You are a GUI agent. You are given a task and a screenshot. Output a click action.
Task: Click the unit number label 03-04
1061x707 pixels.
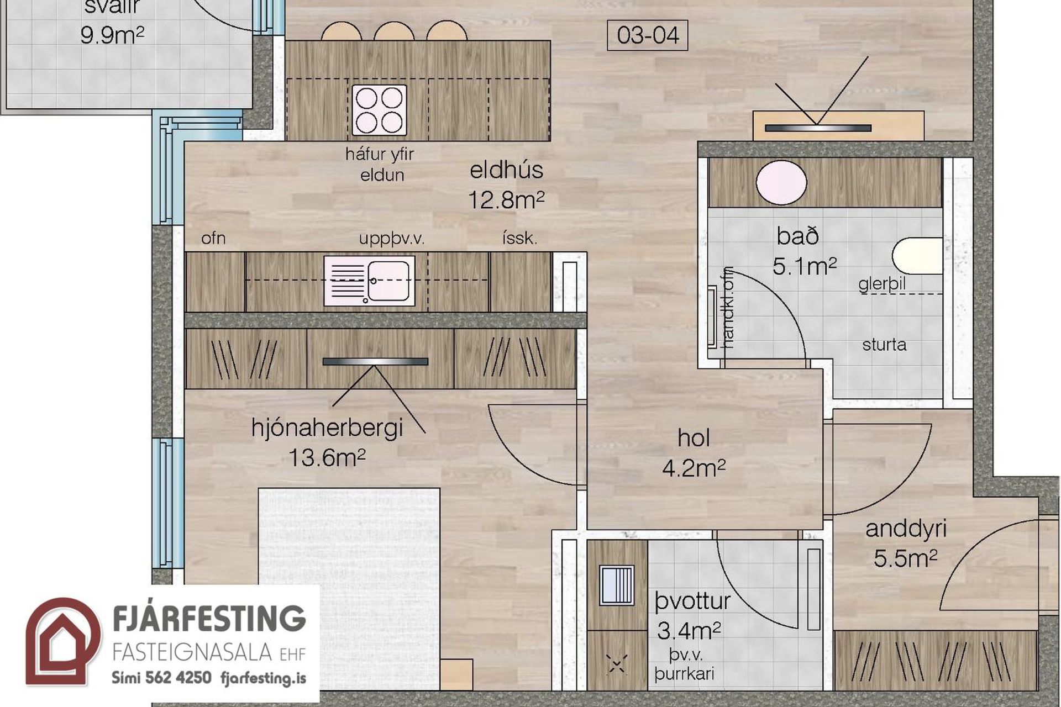[648, 35]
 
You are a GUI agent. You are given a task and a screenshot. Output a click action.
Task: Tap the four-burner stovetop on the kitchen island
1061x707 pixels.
[379, 110]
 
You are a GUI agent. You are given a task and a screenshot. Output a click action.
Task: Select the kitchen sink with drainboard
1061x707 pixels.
[369, 281]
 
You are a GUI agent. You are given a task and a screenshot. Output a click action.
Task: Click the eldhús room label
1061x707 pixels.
[506, 170]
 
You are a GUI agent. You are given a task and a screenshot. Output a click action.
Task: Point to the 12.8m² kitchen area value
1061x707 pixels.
[506, 199]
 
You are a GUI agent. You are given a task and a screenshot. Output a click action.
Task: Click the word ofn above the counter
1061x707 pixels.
[213, 238]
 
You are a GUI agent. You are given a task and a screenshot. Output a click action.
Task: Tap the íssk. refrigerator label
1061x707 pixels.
[519, 239]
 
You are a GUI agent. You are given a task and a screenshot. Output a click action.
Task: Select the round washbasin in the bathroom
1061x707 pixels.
[781, 183]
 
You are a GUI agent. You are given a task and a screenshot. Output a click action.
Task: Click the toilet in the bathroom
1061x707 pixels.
[917, 256]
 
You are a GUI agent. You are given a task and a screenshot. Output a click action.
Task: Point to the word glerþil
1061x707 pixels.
[882, 284]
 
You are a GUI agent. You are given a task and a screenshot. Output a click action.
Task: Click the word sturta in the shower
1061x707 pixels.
[884, 345]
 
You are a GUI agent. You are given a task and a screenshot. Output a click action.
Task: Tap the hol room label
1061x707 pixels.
[694, 438]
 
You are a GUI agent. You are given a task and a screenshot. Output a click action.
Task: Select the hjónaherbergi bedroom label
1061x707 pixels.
[327, 428]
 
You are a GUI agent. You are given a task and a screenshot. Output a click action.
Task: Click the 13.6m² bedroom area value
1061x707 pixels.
[327, 457]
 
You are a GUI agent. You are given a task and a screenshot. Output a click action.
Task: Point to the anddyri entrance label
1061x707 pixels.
[906, 529]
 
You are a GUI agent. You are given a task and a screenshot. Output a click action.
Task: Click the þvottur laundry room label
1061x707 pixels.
[692, 601]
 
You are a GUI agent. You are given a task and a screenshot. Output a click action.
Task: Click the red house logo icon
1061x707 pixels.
[63, 642]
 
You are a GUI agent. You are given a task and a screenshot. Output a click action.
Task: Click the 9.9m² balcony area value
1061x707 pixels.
[112, 35]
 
